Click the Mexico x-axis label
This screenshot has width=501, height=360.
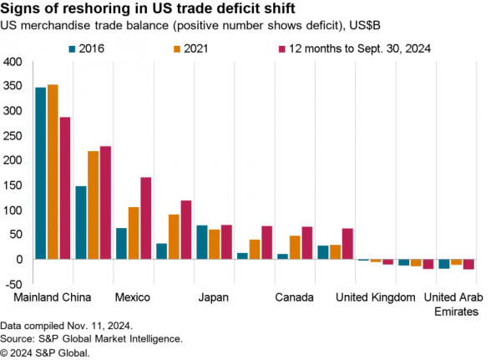point(134,297)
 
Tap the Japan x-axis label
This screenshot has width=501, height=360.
point(214,297)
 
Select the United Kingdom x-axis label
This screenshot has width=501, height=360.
point(376,297)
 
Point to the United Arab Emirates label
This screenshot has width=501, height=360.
point(457,304)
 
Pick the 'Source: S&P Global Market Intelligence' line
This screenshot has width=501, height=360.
point(91,339)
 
